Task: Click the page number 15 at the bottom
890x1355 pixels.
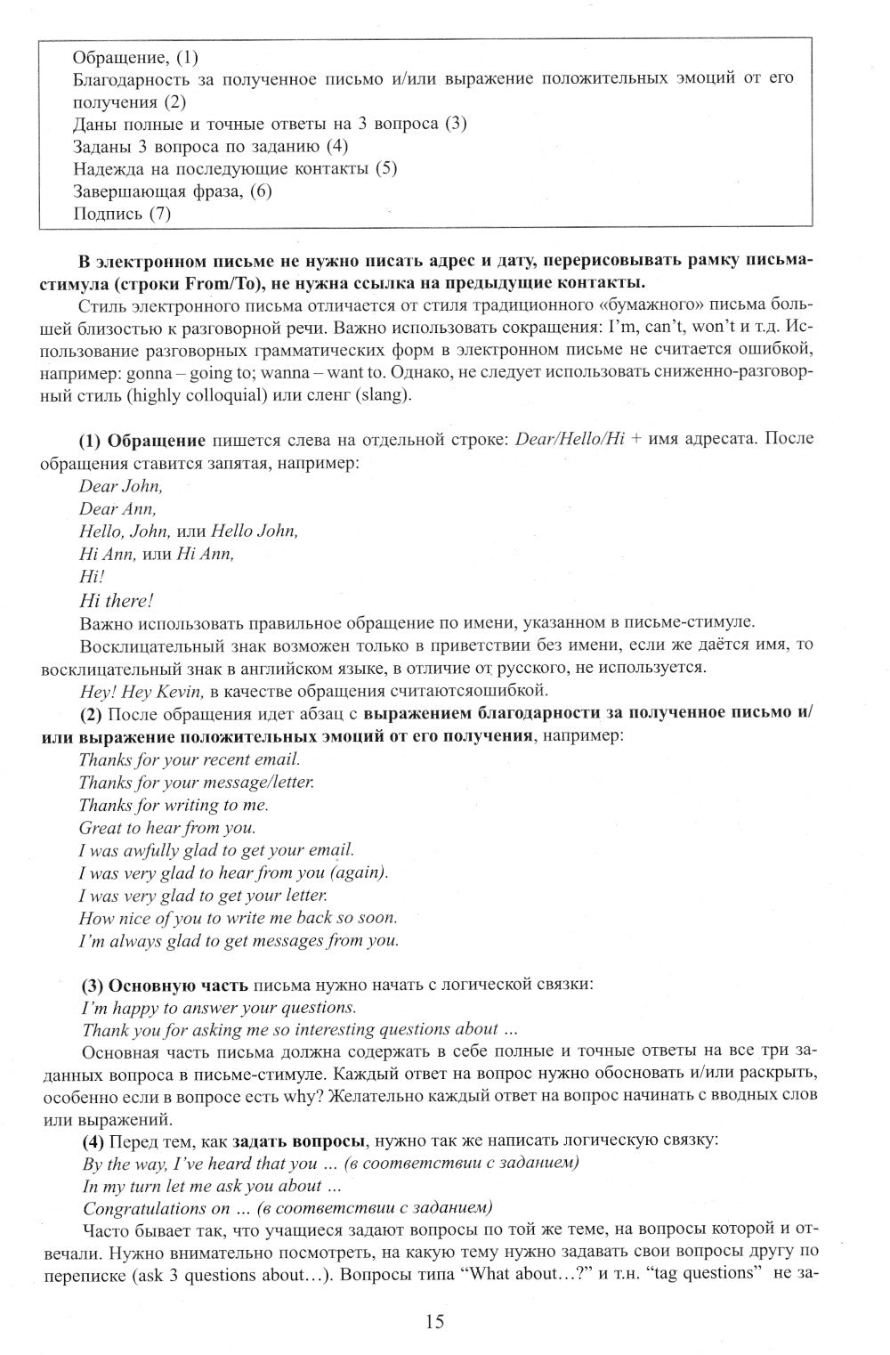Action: coord(434,1321)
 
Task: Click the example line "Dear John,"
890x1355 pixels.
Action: coord(121,486)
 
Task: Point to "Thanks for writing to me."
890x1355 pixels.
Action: coord(174,805)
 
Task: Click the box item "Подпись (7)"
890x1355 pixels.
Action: coord(121,213)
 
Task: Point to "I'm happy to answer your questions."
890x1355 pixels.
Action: coord(219,1008)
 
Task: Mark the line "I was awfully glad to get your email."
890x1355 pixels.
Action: coord(216,849)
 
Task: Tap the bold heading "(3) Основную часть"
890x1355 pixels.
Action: coord(166,985)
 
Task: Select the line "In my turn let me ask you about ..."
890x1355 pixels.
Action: coord(212,1186)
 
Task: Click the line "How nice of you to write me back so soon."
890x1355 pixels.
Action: coord(238,917)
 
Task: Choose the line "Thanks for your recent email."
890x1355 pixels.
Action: coord(190,759)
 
